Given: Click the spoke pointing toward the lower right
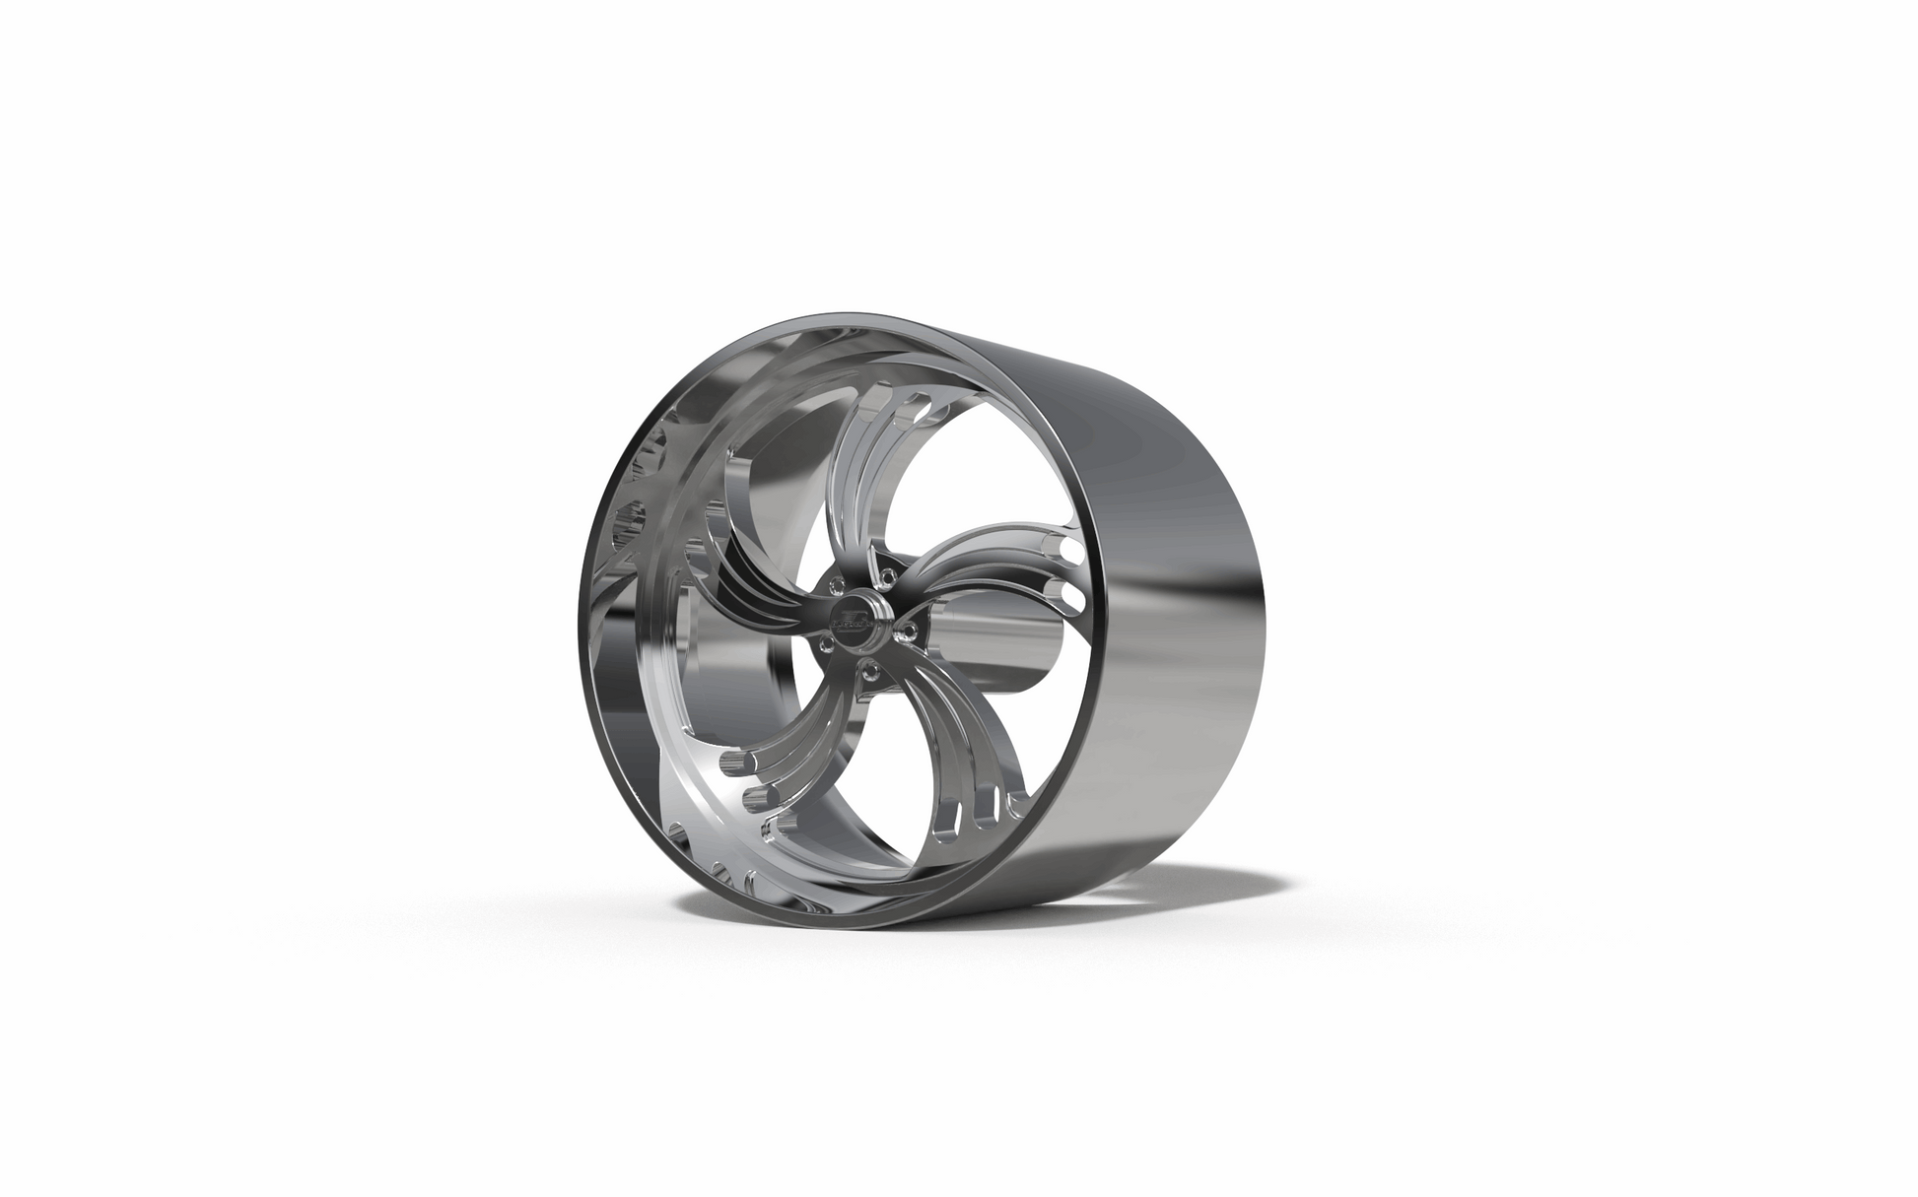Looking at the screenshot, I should [x=946, y=749].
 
